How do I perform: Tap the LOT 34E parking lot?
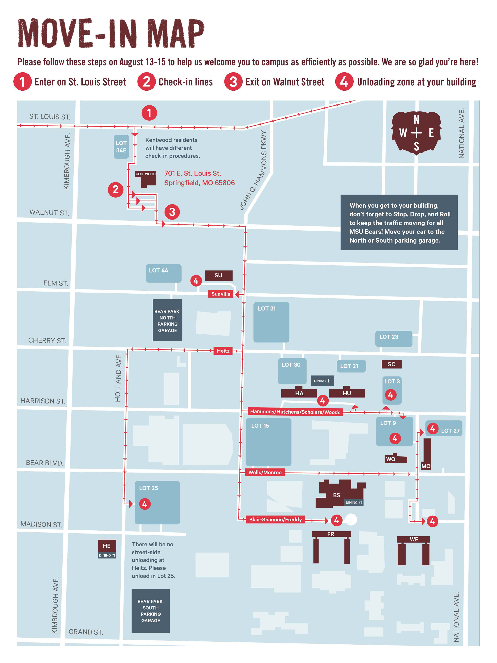(x=121, y=147)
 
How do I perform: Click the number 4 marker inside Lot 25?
(x=145, y=504)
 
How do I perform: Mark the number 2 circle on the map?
(x=116, y=190)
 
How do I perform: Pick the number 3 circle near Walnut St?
(x=172, y=212)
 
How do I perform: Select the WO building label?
(x=391, y=459)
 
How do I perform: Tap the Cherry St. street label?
(x=47, y=341)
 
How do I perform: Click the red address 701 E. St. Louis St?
(x=193, y=173)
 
